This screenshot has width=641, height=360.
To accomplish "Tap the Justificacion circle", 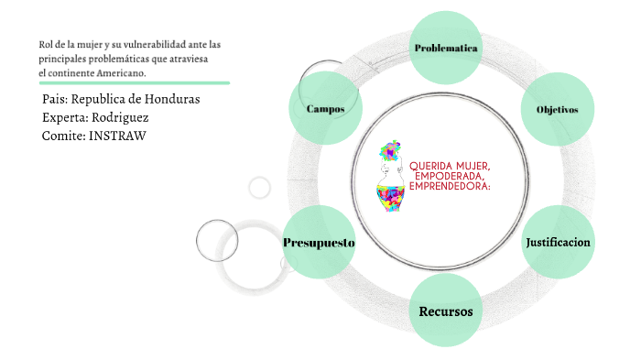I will pyautogui.click(x=558, y=242).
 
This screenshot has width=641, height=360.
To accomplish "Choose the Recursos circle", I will pyautogui.click(x=446, y=311).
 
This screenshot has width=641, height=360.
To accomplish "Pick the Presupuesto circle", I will pyautogui.click(x=319, y=243).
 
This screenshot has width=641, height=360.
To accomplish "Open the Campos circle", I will pyautogui.click(x=326, y=109).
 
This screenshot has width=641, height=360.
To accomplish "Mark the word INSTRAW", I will pyautogui.click(x=118, y=136).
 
